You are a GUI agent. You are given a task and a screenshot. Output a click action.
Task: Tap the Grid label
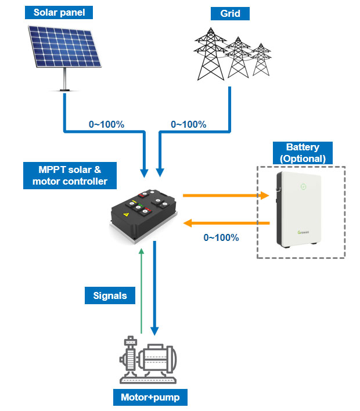(231, 12)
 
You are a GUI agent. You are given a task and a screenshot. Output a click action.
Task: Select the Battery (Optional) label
(303, 153)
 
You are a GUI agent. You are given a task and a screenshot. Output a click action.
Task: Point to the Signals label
(110, 295)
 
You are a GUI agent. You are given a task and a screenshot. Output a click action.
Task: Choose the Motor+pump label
(150, 398)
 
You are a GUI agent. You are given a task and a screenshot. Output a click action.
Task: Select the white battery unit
(299, 208)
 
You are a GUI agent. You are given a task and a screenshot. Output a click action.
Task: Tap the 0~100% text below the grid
(190, 124)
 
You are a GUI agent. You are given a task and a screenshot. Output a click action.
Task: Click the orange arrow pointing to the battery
(226, 196)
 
